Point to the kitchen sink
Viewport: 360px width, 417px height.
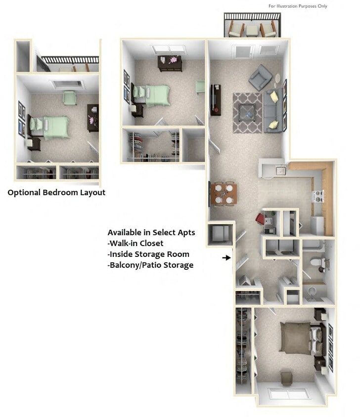(x=281, y=171)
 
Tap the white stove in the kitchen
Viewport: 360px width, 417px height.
(x=316, y=197)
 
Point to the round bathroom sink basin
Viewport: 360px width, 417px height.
(x=311, y=291)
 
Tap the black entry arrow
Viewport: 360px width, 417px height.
(x=226, y=257)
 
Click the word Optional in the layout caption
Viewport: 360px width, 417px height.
(x=24, y=193)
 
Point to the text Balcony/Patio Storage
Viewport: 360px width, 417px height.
(x=150, y=265)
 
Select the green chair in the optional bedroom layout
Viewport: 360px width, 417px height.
(x=69, y=98)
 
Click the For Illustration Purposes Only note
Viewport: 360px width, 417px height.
(x=298, y=6)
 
